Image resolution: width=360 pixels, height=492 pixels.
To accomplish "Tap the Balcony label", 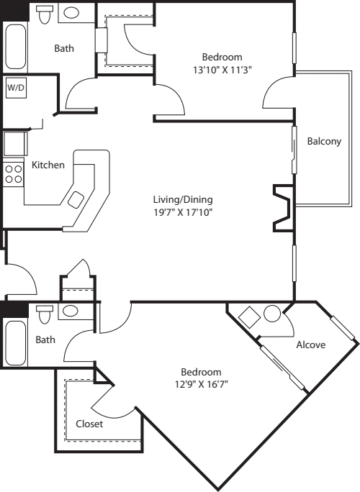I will tap(323, 141).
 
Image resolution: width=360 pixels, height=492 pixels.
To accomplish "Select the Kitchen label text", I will tap(48, 165).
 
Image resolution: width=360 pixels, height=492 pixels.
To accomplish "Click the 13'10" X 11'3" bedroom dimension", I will tap(222, 69).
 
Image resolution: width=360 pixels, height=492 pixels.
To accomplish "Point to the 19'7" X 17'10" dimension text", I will tap(183, 212).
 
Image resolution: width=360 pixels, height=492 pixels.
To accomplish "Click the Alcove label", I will tap(310, 345).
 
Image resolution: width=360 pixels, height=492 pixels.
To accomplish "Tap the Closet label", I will tap(89, 424).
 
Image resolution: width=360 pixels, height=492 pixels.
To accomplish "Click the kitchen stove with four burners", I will tap(13, 173).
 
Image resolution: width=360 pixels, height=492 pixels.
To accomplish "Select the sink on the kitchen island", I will tap(76, 200).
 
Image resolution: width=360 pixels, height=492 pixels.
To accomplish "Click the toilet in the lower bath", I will tap(45, 314).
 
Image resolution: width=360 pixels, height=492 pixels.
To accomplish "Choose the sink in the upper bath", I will tap(71, 12).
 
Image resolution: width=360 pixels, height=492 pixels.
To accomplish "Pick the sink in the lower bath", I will tap(70, 311).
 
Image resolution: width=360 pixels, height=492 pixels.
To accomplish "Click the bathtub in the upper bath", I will tap(14, 47).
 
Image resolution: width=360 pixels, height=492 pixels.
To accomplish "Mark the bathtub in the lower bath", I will tap(14, 343).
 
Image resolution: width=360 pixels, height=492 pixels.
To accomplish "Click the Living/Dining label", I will tap(183, 199).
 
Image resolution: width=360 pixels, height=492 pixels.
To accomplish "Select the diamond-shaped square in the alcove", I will tap(249, 317).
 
